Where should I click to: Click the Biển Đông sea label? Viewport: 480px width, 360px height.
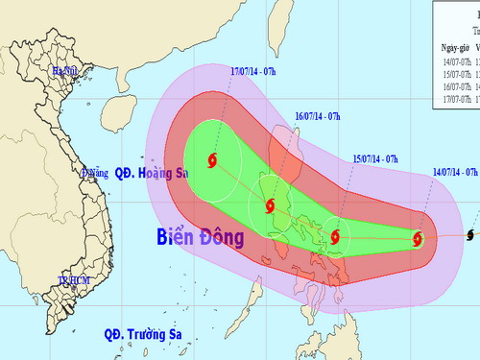click(199, 236)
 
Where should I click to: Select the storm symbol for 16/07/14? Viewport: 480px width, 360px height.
click(271, 205)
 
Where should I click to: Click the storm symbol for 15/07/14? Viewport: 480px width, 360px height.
click(335, 232)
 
